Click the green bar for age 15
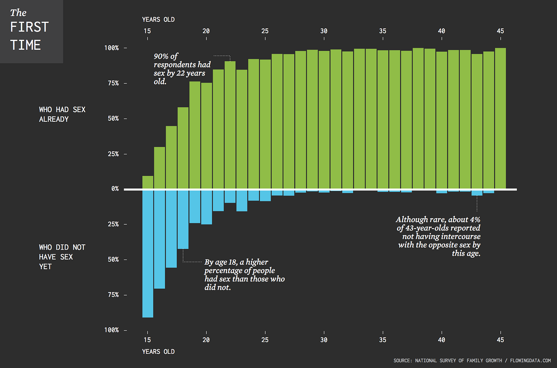coord(148,182)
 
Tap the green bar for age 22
coord(230,125)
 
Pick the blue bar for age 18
coord(183,219)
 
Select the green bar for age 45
coord(500,118)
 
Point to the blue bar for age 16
coord(160,239)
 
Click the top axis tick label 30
coord(324,31)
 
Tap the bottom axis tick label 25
coord(265,340)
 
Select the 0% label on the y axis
coord(115,189)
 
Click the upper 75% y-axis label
coord(113,83)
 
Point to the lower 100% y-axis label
coord(112,330)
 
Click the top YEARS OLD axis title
coord(158,20)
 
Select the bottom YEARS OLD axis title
coord(158,352)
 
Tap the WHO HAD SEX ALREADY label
coord(62,114)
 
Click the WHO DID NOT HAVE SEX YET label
coord(62,257)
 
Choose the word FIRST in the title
coord(29,27)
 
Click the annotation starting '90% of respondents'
coord(182,69)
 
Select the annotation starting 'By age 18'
coord(244,275)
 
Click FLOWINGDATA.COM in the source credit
coord(530,361)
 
